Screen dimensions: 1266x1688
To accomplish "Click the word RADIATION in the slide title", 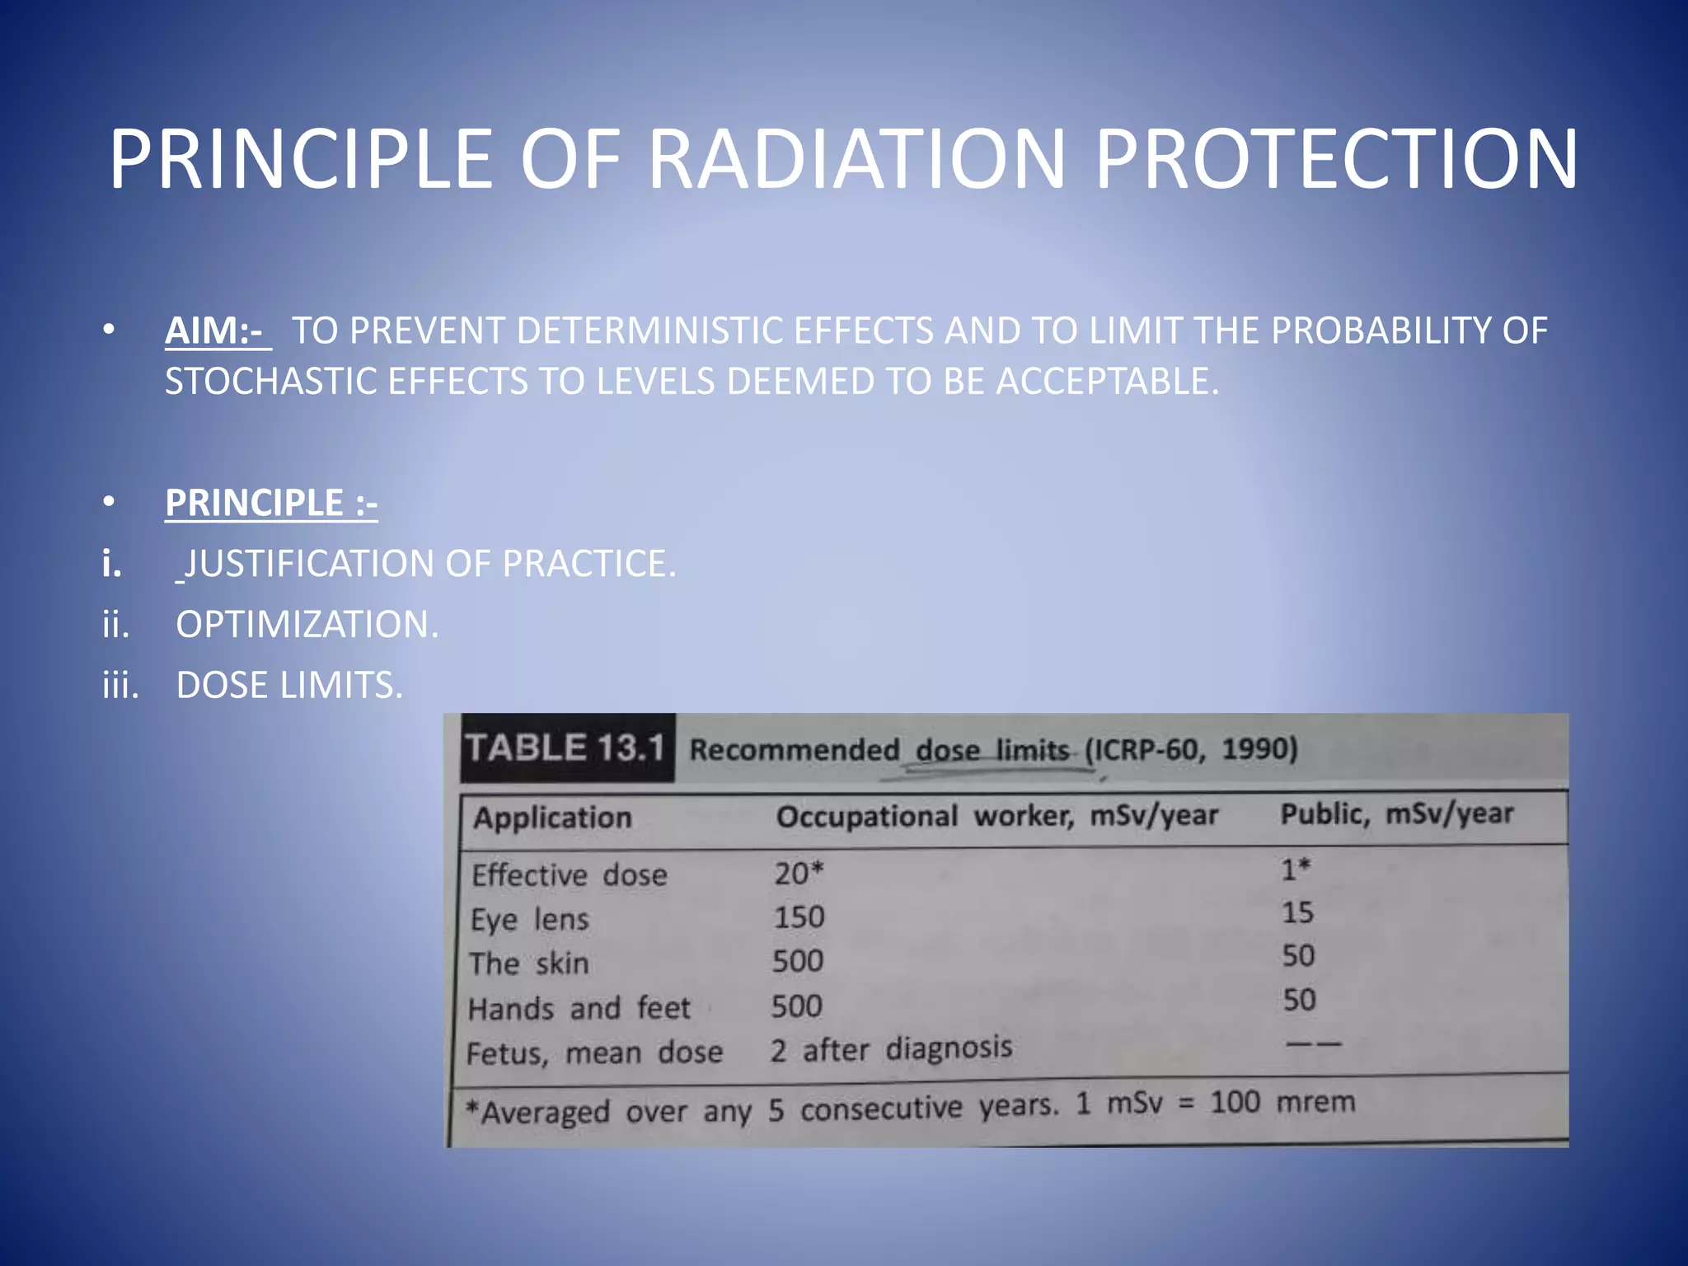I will (857, 158).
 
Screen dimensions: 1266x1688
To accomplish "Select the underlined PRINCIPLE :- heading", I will (271, 503).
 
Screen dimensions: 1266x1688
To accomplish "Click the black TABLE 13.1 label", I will (566, 748).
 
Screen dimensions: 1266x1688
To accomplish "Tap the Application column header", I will (552, 818).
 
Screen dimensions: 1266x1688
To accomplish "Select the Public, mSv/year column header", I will (1396, 814).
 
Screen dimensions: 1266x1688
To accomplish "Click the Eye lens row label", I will (529, 919).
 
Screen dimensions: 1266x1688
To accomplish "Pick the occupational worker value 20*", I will (798, 873).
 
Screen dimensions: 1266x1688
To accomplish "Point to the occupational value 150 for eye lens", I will (798, 917).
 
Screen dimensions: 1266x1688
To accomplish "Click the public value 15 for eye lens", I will (1296, 912).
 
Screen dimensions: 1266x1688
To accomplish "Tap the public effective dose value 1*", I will (1295, 869).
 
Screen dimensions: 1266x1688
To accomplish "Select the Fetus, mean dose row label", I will (594, 1053).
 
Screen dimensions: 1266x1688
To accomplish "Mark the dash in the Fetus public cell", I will (1314, 1044).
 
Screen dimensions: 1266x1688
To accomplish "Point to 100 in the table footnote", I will (1234, 1103).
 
